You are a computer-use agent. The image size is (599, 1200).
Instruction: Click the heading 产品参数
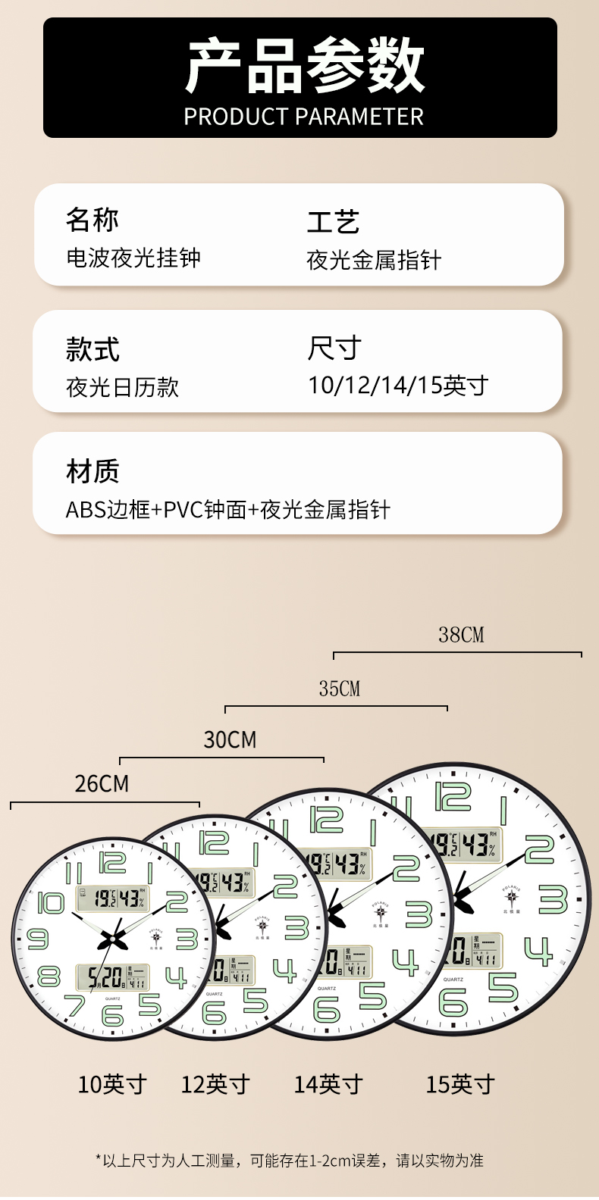click(304, 67)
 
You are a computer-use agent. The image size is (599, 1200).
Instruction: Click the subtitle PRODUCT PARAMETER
click(303, 117)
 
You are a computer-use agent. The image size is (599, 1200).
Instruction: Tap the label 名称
click(92, 220)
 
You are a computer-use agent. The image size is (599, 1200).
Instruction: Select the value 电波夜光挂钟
click(133, 258)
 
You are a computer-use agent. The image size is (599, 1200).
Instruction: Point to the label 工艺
click(333, 222)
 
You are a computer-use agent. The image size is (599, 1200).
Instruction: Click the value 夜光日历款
click(122, 388)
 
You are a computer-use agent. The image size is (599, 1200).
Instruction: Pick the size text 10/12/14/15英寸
click(398, 386)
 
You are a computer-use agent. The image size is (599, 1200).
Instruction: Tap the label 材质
click(92, 471)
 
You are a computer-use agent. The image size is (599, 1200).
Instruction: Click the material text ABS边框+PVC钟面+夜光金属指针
click(227, 510)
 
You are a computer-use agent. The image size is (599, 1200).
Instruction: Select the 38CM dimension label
click(461, 635)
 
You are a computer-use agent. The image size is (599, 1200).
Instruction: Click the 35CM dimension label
click(339, 689)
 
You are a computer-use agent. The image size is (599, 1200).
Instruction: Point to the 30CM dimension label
click(230, 739)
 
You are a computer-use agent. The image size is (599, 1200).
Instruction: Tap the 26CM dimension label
click(102, 783)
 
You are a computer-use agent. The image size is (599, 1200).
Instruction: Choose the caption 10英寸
click(112, 1085)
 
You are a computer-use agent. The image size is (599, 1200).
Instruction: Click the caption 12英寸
click(215, 1085)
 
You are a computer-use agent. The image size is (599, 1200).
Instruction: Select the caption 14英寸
click(328, 1085)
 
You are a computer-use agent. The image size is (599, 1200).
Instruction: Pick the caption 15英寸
click(459, 1085)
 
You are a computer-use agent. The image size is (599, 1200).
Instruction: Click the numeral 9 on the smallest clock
click(37, 939)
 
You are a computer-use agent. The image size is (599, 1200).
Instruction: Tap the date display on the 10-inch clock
click(112, 978)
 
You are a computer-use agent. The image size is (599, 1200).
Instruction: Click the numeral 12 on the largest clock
click(453, 797)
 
